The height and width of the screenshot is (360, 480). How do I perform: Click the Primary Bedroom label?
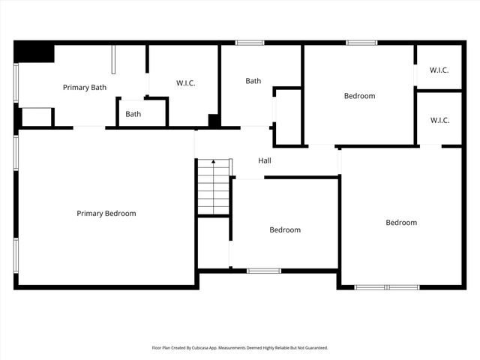pyautogui.click(x=106, y=214)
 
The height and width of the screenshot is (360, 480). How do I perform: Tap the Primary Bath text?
pyautogui.click(x=84, y=88)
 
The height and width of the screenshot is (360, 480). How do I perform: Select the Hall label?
pyautogui.click(x=265, y=160)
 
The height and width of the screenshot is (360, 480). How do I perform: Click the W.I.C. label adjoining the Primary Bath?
pyautogui.click(x=185, y=83)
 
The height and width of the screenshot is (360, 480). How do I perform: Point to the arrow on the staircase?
pyautogui.click(x=213, y=163)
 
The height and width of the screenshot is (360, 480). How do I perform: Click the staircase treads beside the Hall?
pyautogui.click(x=213, y=191)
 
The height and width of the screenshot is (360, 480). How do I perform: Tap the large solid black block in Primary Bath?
pyautogui.click(x=34, y=52)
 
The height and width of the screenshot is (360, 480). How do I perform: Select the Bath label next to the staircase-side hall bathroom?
pyautogui.click(x=253, y=81)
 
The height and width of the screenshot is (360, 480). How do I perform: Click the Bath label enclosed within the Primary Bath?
pyautogui.click(x=133, y=115)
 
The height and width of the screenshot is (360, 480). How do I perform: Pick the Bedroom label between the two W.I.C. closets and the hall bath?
pyautogui.click(x=359, y=96)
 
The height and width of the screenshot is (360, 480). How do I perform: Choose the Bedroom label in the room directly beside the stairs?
pyautogui.click(x=285, y=230)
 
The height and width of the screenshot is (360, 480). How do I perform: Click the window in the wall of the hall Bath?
pyautogui.click(x=250, y=43)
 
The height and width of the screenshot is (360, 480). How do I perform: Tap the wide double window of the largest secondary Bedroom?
pyautogui.click(x=387, y=286)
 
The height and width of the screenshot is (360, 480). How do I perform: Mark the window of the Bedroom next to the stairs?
pyautogui.click(x=264, y=271)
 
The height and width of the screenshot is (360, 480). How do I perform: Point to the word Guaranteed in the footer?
pyautogui.click(x=314, y=348)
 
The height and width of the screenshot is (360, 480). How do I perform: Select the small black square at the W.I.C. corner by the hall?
pyautogui.click(x=214, y=120)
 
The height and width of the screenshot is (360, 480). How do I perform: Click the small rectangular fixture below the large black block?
pyautogui.click(x=36, y=117)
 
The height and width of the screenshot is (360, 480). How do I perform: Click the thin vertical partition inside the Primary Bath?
pyautogui.click(x=114, y=60)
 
